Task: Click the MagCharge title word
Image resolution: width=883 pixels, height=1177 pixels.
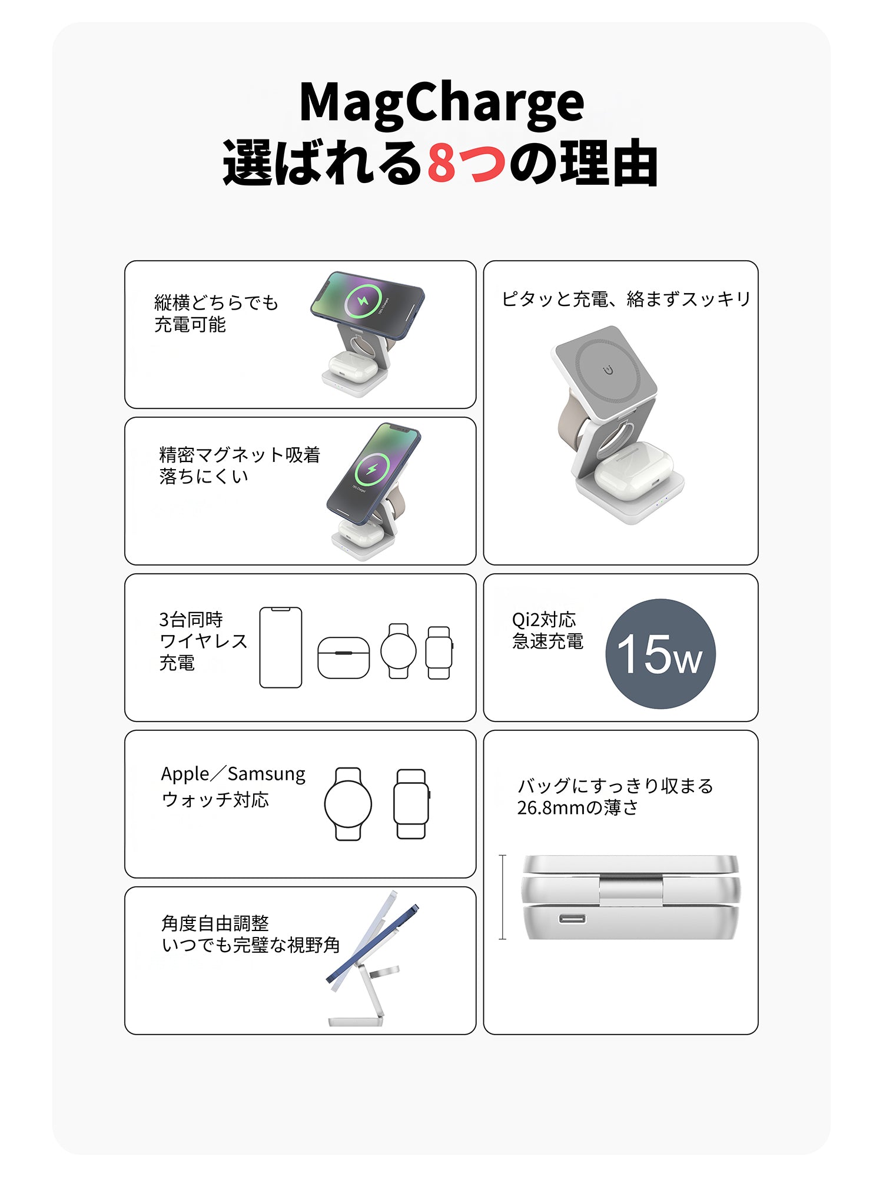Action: [x=441, y=102]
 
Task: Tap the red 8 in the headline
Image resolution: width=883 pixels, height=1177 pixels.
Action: [x=442, y=162]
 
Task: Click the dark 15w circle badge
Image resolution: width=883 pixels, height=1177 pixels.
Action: [x=660, y=654]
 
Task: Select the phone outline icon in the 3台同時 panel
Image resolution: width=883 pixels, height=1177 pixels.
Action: [x=281, y=647]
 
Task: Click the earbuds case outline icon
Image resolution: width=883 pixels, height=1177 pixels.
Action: [x=344, y=658]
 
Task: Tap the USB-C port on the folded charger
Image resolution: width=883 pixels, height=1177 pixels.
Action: [x=572, y=919]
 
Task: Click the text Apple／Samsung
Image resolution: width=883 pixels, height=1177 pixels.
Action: [x=233, y=774]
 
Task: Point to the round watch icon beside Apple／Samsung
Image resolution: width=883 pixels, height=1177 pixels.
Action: [x=348, y=804]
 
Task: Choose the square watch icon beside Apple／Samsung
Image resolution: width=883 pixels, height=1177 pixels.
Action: [x=411, y=804]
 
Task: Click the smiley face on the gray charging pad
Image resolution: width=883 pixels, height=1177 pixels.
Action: [x=608, y=370]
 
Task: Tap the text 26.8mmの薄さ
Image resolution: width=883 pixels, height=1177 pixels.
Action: [x=577, y=807]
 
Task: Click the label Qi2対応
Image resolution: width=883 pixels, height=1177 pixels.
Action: [x=544, y=620]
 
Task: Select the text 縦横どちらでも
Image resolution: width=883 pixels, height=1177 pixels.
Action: [x=216, y=302]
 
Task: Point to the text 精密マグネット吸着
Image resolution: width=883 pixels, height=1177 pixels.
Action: [x=240, y=454]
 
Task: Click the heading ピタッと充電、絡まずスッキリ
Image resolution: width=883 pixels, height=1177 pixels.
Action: [x=626, y=299]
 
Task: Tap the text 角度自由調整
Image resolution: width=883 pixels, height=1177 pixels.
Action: [x=215, y=923]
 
